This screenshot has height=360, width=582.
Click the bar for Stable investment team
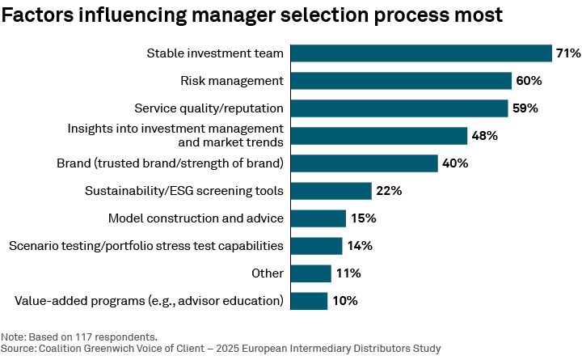pyautogui.click(x=420, y=53)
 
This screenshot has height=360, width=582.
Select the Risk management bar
pyautogui.click(x=401, y=81)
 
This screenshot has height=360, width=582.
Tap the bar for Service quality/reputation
pyautogui.click(x=399, y=108)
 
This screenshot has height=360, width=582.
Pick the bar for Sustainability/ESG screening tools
pyautogui.click(x=331, y=191)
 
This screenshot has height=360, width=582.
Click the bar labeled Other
pyautogui.click(x=310, y=273)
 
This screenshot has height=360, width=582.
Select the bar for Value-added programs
pyautogui.click(x=309, y=301)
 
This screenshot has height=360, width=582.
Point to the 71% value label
pyautogui.click(x=567, y=53)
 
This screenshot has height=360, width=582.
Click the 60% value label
pyautogui.click(x=529, y=81)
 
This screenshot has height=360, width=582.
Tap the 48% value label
pyautogui.click(x=484, y=136)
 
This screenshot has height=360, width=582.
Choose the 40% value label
pyautogui.click(x=455, y=163)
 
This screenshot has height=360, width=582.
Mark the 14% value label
pyautogui.click(x=360, y=246)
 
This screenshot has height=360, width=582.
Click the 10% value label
pyautogui.click(x=344, y=301)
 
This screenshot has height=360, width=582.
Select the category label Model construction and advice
pyautogui.click(x=196, y=218)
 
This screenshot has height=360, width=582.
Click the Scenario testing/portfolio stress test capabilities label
pyautogui.click(x=145, y=246)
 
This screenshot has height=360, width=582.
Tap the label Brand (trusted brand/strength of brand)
pyautogui.click(x=170, y=163)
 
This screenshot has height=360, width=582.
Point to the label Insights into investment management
pyautogui.click(x=175, y=129)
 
